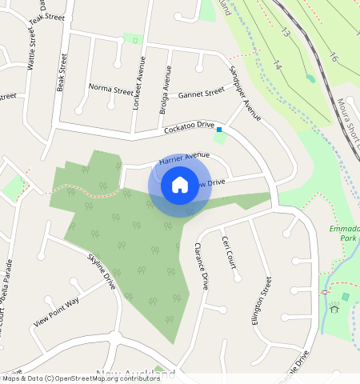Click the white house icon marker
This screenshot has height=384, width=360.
coord(180,185)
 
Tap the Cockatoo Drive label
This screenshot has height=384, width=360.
coord(190,126)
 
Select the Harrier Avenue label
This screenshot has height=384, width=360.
coord(184,158)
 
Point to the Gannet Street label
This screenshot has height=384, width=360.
coord(202,93)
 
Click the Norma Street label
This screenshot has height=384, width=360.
coord(111,88)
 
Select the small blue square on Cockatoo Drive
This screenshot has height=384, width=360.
coord(219,128)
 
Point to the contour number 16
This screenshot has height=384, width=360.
coord(334,58)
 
